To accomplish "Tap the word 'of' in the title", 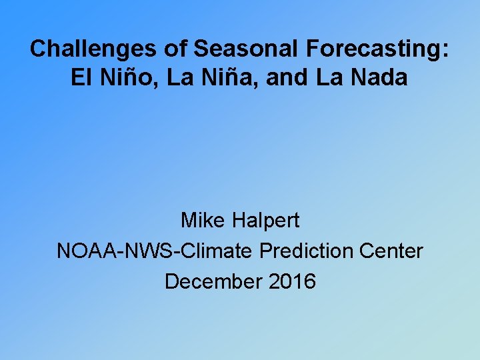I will tap(179, 49).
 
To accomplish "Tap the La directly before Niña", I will tap(179, 78).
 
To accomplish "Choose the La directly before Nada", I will tap(329, 78).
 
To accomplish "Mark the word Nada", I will tap(378, 78).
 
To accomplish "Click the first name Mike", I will tap(203, 220).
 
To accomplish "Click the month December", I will tap(214, 281).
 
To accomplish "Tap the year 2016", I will tap(293, 281).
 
